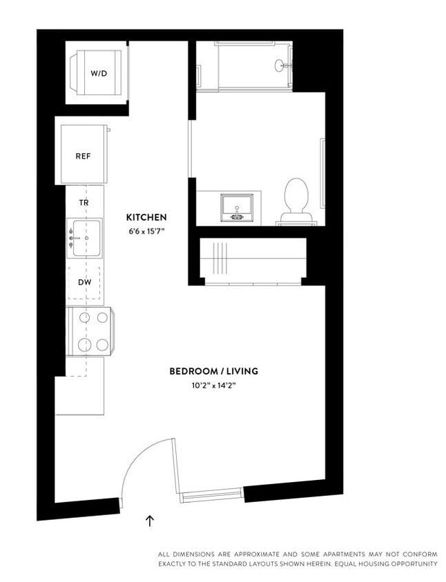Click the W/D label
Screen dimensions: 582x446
click(97, 72)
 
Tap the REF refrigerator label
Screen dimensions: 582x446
click(83, 156)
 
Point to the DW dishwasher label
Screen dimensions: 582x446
click(84, 282)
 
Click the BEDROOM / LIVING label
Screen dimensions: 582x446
click(213, 371)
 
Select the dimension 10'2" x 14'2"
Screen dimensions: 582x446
click(213, 385)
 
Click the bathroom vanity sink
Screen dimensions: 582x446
click(237, 207)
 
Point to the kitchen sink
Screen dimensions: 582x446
click(85, 238)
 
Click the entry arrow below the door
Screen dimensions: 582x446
click(150, 521)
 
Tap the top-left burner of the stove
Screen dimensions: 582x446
click(84, 318)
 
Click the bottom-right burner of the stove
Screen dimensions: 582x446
click(102, 344)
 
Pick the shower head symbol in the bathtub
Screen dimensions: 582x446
click(281, 66)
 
